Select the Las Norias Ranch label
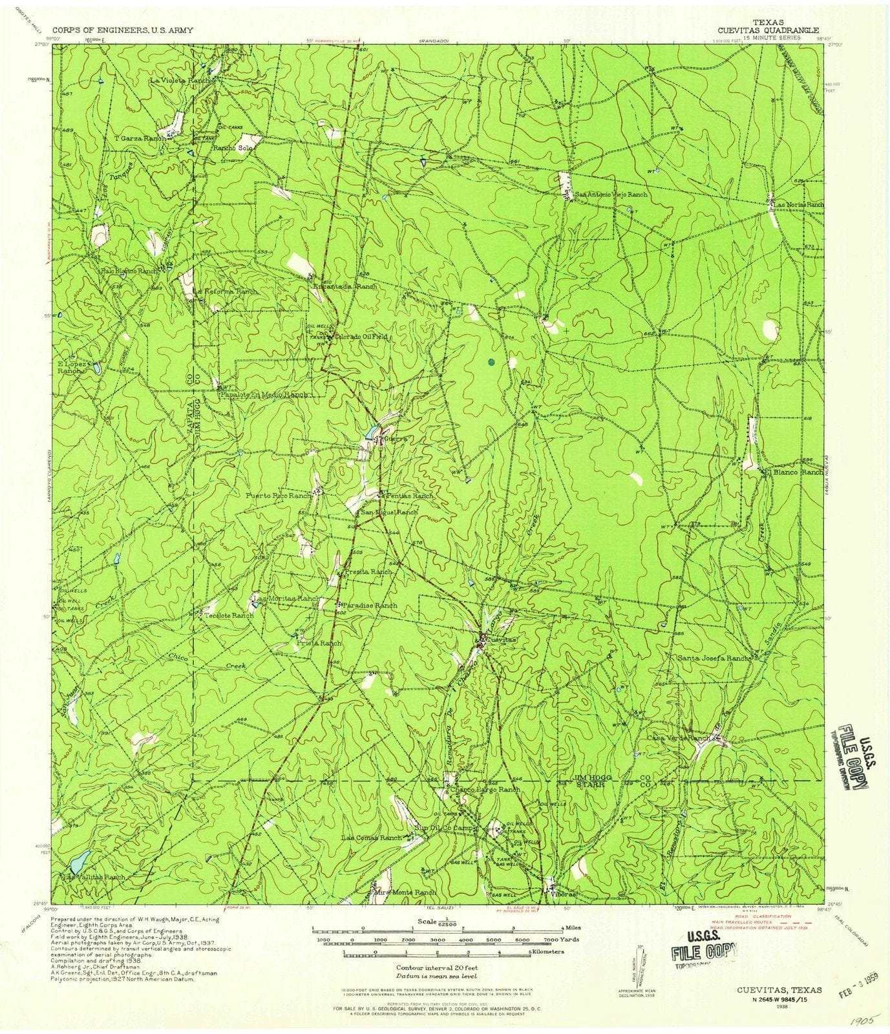pyautogui.click(x=800, y=204)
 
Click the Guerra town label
pyautogui.click(x=394, y=439)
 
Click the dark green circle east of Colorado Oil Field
pyautogui.click(x=491, y=362)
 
